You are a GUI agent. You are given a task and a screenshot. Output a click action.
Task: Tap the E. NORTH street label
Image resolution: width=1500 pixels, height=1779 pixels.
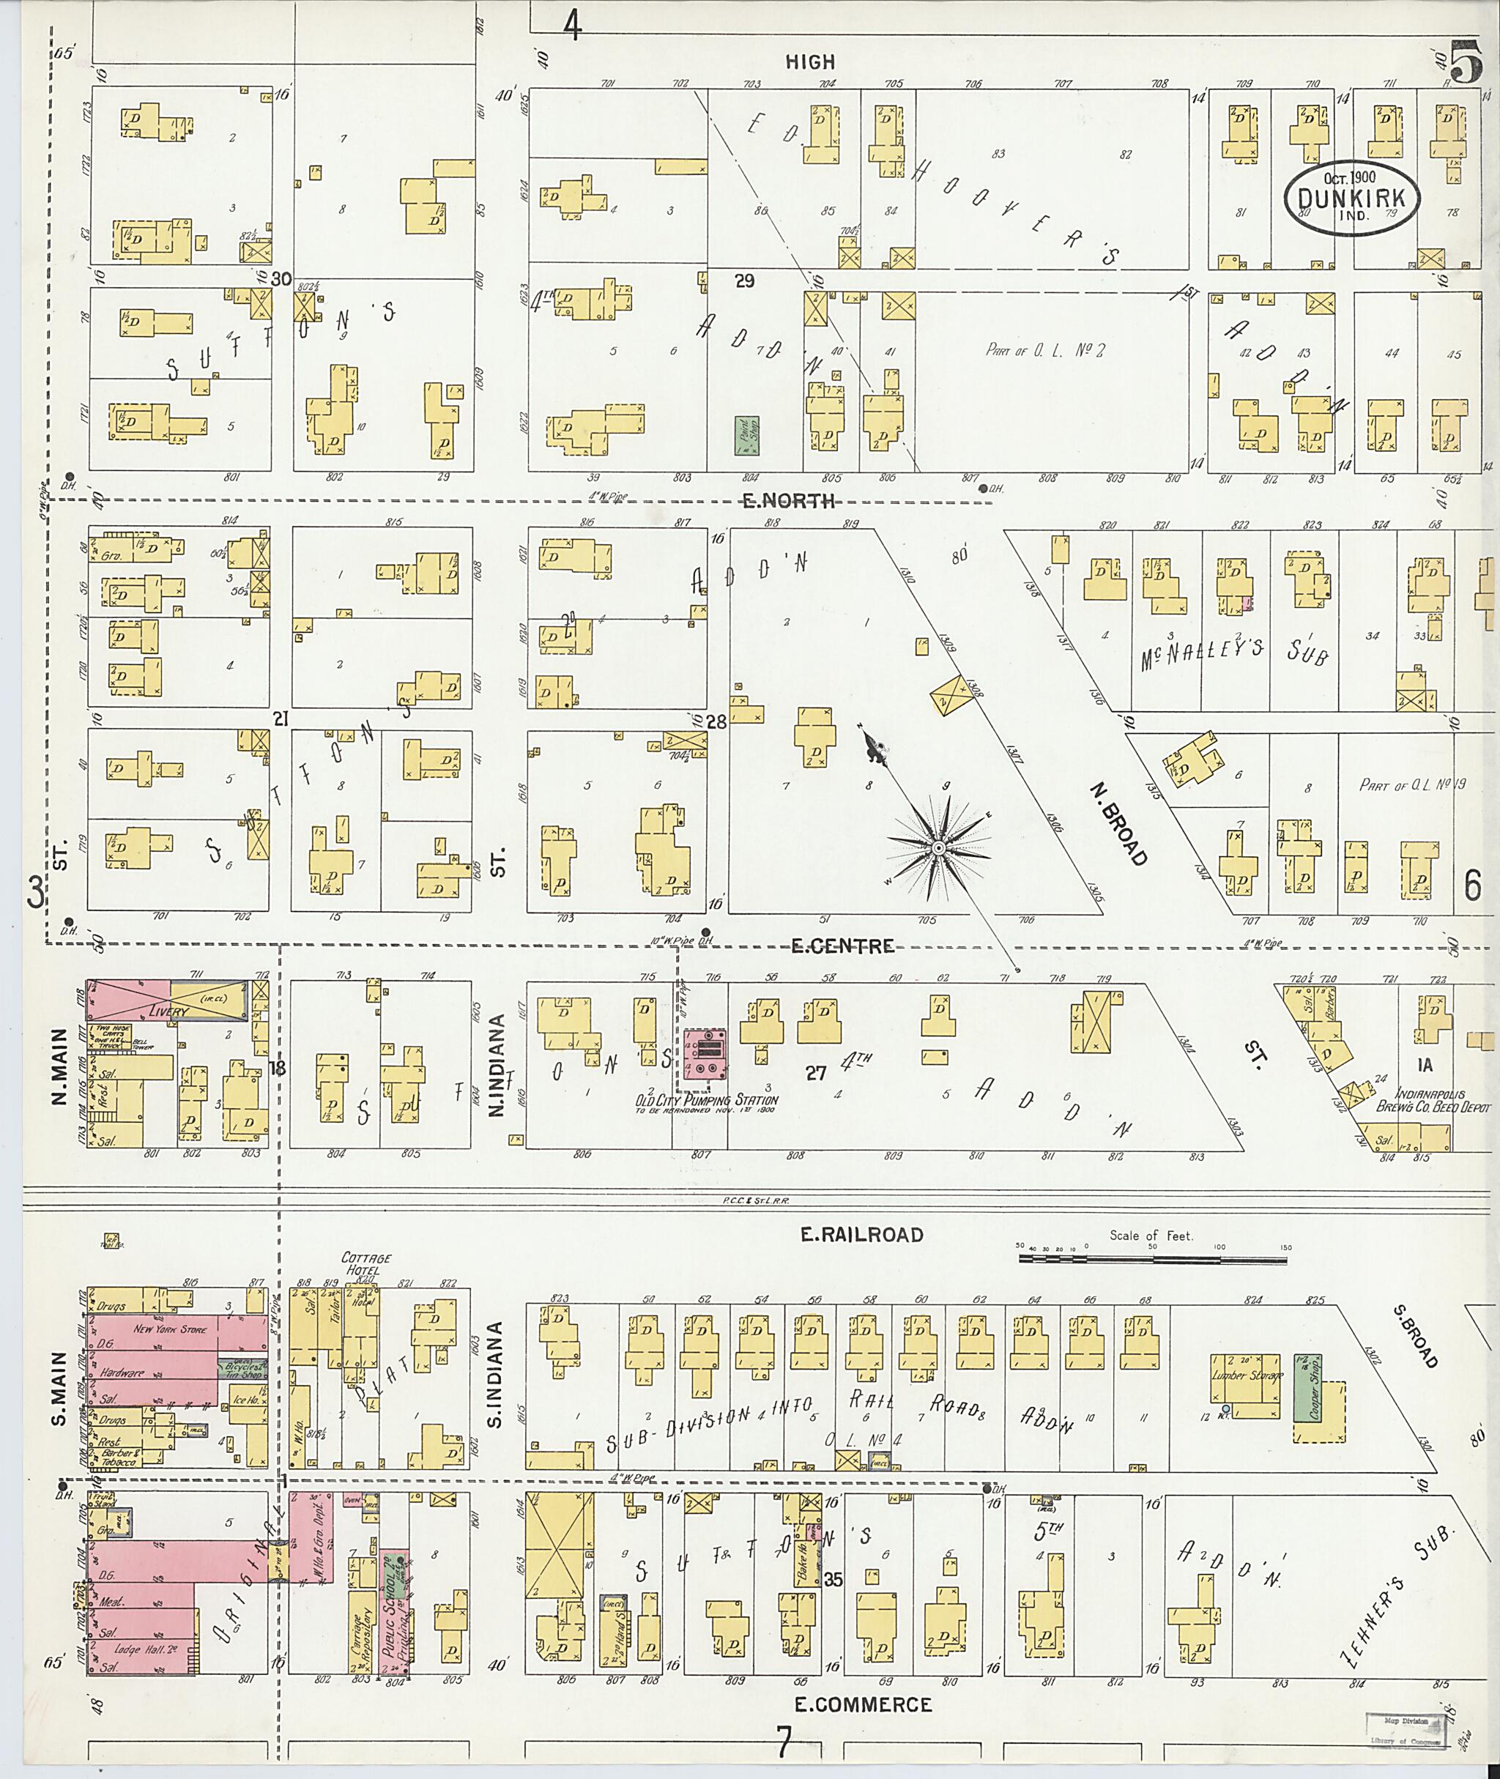[788, 501]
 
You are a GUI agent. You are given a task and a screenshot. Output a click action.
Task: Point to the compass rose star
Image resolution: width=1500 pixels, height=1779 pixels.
[938, 848]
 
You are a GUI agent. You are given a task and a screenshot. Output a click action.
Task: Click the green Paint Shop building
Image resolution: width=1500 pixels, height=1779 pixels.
[746, 434]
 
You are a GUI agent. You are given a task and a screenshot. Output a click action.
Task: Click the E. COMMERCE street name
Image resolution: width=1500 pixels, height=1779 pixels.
[863, 1704]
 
